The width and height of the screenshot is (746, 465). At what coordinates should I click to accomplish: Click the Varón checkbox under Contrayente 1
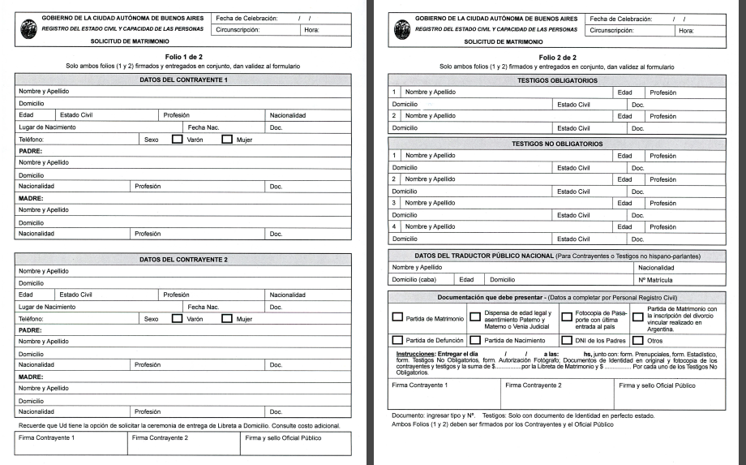coord(177,139)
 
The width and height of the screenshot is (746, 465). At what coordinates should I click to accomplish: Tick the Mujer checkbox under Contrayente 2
coord(227,319)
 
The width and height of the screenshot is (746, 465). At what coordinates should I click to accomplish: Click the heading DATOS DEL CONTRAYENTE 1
coord(183,81)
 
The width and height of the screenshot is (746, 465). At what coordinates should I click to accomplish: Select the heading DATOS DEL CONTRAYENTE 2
coord(183,260)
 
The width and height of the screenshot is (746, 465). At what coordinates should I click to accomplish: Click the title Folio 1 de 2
coord(183,57)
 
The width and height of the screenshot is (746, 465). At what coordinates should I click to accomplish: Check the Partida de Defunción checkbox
coord(397,341)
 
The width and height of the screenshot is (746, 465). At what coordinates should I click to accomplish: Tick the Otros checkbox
coord(637,341)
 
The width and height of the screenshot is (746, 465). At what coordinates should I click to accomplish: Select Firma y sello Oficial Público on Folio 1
coord(282,438)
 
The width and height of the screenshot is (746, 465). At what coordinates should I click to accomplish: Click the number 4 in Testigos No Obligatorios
coord(393,226)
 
